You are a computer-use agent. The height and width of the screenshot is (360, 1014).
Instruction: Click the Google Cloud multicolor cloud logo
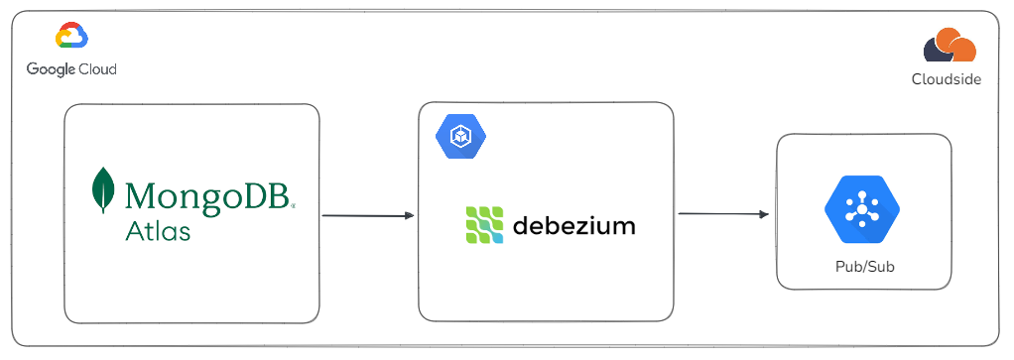pyautogui.click(x=71, y=38)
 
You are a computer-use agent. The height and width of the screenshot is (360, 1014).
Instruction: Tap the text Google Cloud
pyautogui.click(x=71, y=69)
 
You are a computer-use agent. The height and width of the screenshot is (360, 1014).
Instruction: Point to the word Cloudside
pyautogui.click(x=947, y=79)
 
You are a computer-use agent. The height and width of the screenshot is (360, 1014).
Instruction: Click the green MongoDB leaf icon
pyautogui.click(x=101, y=190)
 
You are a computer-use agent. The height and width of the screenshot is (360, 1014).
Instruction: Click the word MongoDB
pyautogui.click(x=207, y=193)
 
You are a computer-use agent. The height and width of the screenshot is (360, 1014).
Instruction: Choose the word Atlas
pyautogui.click(x=158, y=231)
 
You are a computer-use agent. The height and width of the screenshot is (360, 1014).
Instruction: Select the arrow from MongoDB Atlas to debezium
pyautogui.click(x=367, y=215)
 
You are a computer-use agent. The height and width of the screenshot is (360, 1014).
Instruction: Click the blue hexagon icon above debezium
pyautogui.click(x=459, y=136)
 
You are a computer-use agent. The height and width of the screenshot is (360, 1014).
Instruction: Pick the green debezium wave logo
pyautogui.click(x=483, y=225)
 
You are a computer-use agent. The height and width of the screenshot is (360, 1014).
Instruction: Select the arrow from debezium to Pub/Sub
pyautogui.click(x=723, y=214)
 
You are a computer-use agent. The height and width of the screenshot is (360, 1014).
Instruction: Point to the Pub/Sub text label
pyautogui.click(x=861, y=268)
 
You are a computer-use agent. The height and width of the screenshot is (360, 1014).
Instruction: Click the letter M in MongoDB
pyautogui.click(x=143, y=193)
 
